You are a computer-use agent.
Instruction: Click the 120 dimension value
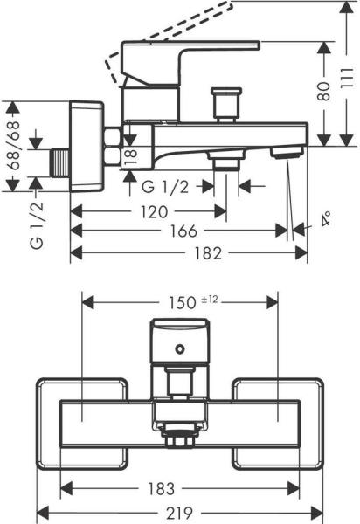click(154, 212)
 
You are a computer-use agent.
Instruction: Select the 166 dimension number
click(183, 231)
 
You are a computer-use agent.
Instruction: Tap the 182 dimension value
click(208, 253)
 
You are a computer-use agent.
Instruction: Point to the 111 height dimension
click(347, 78)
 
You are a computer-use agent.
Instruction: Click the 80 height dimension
click(324, 92)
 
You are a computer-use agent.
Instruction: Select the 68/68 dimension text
click(13, 146)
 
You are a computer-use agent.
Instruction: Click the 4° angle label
click(325, 219)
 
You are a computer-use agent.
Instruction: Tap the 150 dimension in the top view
click(182, 303)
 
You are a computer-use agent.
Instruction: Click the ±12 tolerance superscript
click(209, 299)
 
